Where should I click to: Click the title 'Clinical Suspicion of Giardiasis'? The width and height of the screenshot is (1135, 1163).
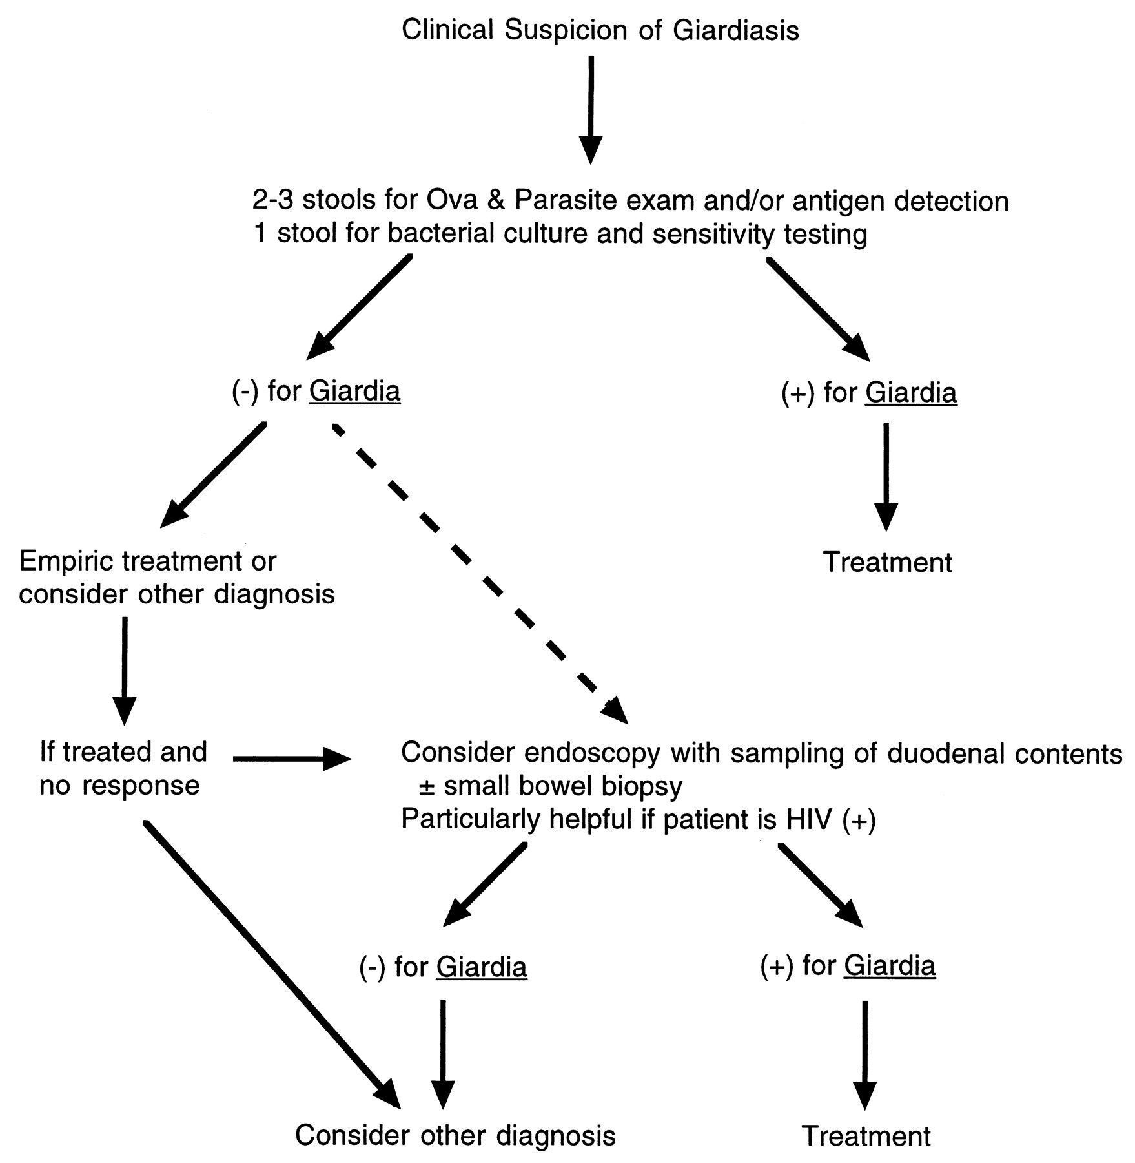tap(600, 30)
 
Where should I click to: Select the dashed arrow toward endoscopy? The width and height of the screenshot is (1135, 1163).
tap(478, 569)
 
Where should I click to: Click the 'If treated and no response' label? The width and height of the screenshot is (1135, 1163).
tap(123, 769)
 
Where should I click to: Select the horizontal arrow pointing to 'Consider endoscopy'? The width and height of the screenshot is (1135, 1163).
tap(292, 758)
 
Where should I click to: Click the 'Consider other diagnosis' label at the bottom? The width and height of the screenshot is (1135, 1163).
tap(455, 1135)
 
